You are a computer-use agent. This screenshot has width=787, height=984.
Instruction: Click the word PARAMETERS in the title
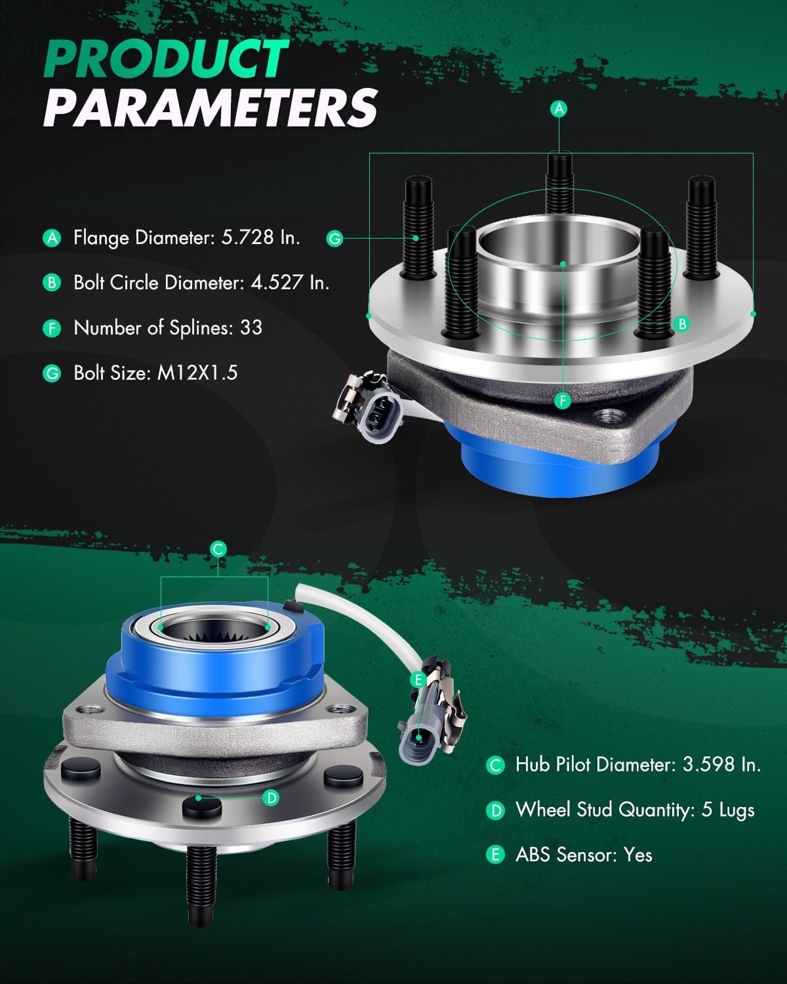pyautogui.click(x=211, y=108)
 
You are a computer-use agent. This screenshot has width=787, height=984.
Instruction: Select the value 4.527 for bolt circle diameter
pyautogui.click(x=277, y=283)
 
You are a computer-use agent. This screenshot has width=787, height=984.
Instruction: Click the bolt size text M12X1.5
pyautogui.click(x=197, y=373)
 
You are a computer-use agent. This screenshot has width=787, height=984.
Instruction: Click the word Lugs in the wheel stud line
pyautogui.click(x=737, y=810)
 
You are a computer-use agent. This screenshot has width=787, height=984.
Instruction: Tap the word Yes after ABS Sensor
pyautogui.click(x=637, y=855)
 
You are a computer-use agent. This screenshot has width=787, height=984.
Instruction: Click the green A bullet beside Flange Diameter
pyautogui.click(x=51, y=237)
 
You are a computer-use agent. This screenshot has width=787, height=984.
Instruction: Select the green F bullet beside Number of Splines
pyautogui.click(x=51, y=328)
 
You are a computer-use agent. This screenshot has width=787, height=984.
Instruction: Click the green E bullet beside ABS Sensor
pyautogui.click(x=495, y=855)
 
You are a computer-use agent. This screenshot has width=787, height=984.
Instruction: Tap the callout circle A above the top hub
pyautogui.click(x=559, y=108)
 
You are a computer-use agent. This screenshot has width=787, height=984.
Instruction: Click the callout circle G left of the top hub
pyautogui.click(x=335, y=238)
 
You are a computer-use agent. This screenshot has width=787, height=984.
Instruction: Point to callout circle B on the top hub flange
pyautogui.click(x=682, y=324)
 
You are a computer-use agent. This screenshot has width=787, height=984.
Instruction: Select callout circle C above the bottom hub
pyautogui.click(x=219, y=549)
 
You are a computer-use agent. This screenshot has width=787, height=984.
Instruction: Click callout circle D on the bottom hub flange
pyautogui.click(x=270, y=798)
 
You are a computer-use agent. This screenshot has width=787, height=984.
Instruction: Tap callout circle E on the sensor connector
pyautogui.click(x=418, y=680)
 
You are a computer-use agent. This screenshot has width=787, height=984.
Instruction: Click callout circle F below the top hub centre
pyautogui.click(x=562, y=400)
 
